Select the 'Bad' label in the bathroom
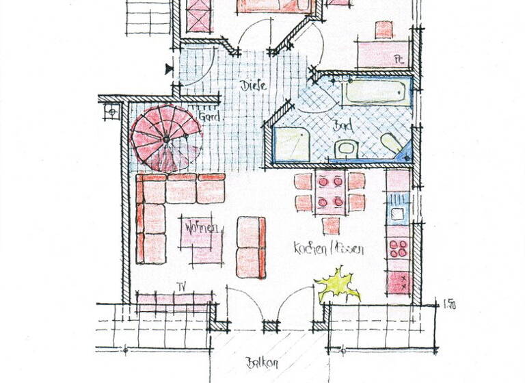tap(340, 126)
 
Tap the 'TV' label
tap(182, 286)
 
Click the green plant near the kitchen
tap(338, 284)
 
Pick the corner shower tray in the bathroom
tap(293, 144)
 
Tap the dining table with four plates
tap(331, 192)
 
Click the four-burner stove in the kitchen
tap(398, 248)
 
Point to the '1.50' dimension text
tap(449, 305)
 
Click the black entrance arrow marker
tap(169, 68)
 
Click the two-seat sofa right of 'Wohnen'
tap(251, 247)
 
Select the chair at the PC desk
tap(383, 29)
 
